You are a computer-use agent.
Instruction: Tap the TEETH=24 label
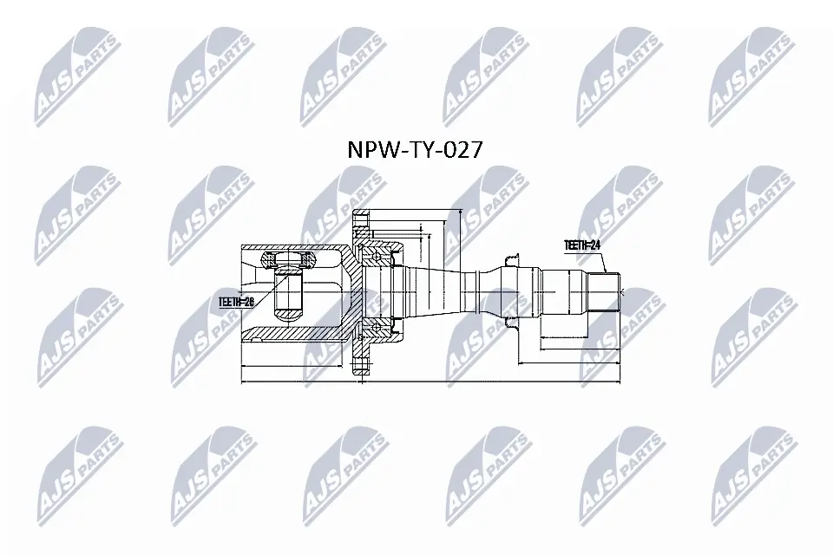(x=583, y=245)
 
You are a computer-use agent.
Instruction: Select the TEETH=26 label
(x=235, y=301)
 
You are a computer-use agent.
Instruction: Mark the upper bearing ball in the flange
(x=380, y=252)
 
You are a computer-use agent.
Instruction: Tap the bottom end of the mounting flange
(x=361, y=364)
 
